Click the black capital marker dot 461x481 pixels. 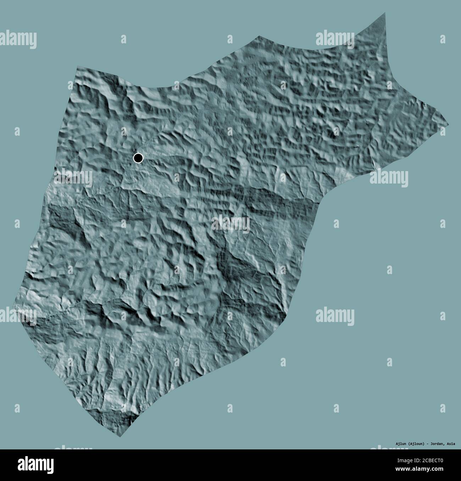tap(138, 158)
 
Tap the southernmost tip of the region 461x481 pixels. tap(120, 437)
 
